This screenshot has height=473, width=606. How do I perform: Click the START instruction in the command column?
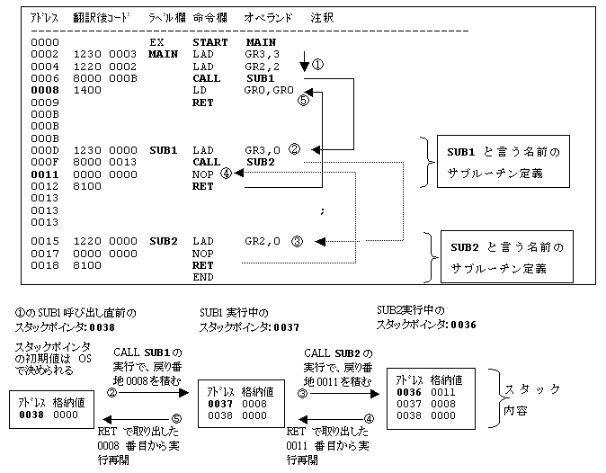[209, 42]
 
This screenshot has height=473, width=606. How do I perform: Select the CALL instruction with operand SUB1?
[206, 78]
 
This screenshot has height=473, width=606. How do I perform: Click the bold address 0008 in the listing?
[43, 91]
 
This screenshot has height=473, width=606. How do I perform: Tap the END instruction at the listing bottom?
[203, 278]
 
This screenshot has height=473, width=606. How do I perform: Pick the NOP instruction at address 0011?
[202, 174]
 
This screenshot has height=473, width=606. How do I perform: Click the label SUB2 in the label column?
[164, 241]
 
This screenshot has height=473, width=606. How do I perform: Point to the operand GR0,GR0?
[269, 91]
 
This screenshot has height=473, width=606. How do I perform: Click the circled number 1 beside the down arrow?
[317, 66]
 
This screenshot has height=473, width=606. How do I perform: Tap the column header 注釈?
[321, 18]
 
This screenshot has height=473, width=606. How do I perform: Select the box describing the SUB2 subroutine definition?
[505, 256]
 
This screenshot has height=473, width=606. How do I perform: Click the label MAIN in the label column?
[164, 54]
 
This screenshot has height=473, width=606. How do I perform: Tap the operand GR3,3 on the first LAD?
[261, 54]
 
